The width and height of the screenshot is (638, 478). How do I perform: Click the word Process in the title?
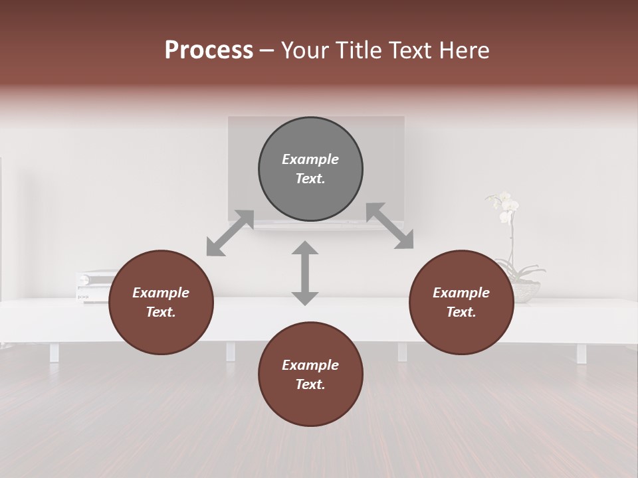[209, 50]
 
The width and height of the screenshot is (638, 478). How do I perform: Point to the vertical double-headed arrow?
[305, 273]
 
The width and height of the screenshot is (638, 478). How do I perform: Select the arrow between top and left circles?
[230, 232]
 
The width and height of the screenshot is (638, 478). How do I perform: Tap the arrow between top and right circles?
[390, 226]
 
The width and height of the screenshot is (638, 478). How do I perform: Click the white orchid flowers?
[504, 206]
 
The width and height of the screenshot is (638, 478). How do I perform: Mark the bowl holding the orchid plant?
[525, 291]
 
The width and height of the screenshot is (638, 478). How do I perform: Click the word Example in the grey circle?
[310, 159]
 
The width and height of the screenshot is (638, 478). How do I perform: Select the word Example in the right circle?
[461, 293]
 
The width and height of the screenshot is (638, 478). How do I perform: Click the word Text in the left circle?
[160, 312]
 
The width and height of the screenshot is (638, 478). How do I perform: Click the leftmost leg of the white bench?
[54, 353]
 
